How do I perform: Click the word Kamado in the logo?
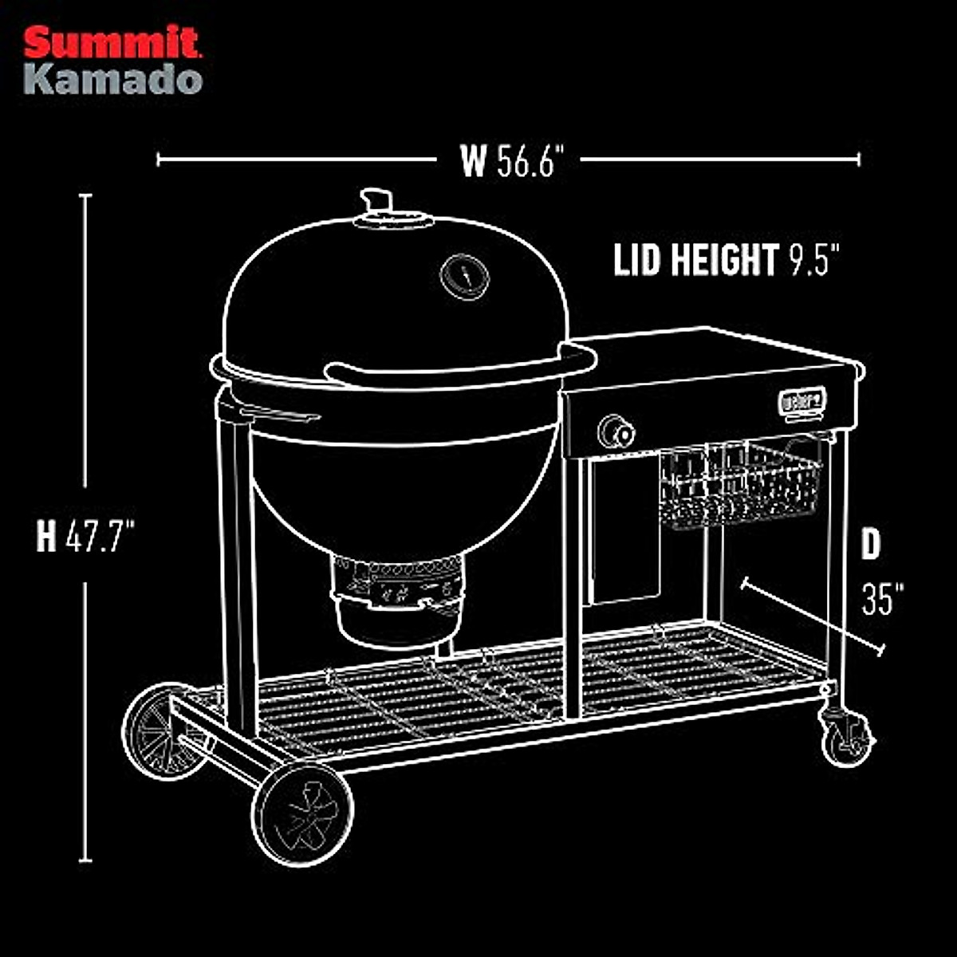click(112, 80)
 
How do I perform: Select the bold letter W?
click(473, 162)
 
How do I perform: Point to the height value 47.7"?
click(98, 536)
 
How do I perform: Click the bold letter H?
click(46, 536)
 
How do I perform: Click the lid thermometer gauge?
click(465, 277)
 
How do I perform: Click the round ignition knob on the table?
click(616, 431)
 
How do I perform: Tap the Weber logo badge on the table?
click(801, 402)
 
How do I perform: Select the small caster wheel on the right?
click(846, 738)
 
